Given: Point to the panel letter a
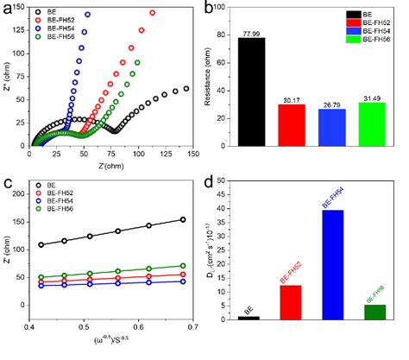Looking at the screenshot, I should click(x=8, y=8).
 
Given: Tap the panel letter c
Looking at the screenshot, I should click(x=8, y=182).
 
